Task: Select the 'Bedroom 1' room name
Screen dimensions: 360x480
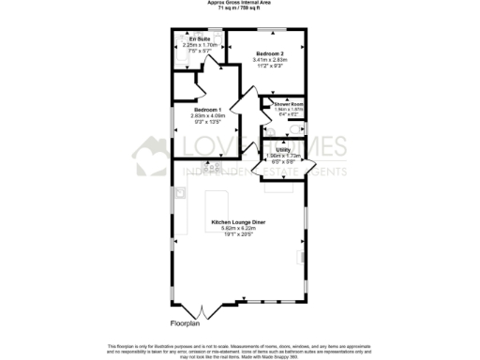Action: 209,110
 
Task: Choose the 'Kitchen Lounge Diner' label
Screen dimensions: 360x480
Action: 239,221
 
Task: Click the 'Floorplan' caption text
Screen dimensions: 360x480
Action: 185,323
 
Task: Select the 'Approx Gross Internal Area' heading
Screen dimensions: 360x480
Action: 240,3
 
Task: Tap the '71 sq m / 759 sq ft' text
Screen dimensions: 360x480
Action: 240,8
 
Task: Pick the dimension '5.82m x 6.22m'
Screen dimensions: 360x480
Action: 239,228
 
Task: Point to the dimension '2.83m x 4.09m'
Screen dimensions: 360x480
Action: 209,115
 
